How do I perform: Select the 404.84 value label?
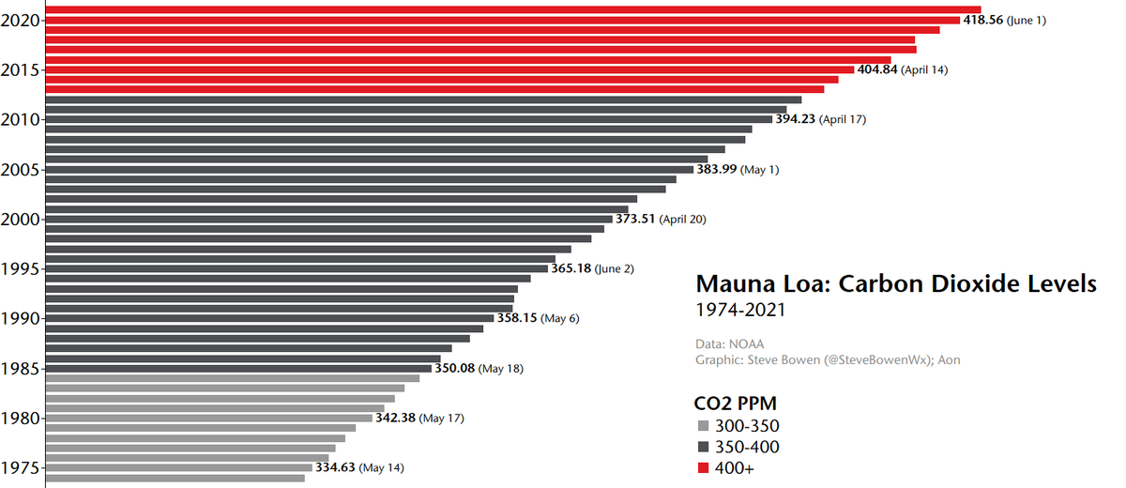[876, 69]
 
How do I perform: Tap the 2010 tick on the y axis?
[21, 119]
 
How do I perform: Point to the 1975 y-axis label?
[21, 467]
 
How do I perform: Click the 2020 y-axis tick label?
[21, 20]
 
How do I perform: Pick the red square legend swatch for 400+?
[704, 468]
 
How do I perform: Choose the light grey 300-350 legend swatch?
[704, 426]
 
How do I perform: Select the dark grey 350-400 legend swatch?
[704, 448]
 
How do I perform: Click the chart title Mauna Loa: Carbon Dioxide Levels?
[895, 283]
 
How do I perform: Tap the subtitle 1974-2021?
[739, 309]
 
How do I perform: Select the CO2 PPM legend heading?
[735, 404]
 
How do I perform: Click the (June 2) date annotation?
[615, 268]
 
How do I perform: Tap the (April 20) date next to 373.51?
[683, 220]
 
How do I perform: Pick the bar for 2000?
[328, 219]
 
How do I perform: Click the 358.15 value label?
[517, 318]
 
